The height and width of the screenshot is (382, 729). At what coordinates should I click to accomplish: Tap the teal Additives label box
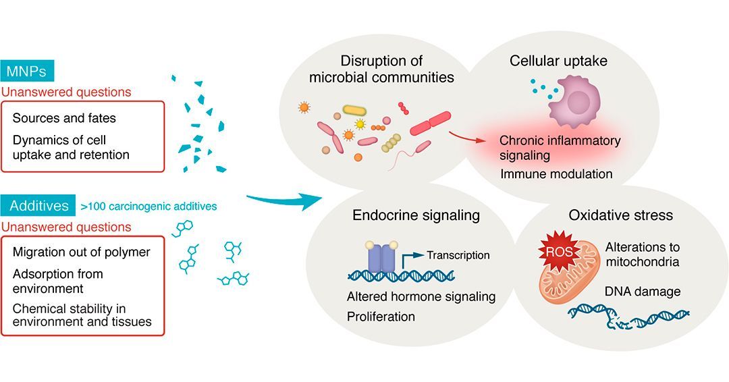38,206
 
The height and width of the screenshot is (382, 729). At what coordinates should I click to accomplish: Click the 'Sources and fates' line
64,118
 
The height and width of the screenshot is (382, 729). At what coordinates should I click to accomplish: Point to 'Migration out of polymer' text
81,252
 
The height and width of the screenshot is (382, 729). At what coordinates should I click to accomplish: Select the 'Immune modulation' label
556,174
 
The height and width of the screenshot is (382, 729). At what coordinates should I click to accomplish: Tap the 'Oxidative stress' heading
620,215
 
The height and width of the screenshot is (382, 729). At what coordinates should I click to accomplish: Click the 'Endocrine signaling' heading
416,215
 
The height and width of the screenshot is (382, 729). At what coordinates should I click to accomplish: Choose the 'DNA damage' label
643,292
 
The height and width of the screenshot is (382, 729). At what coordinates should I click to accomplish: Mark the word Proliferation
381,316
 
